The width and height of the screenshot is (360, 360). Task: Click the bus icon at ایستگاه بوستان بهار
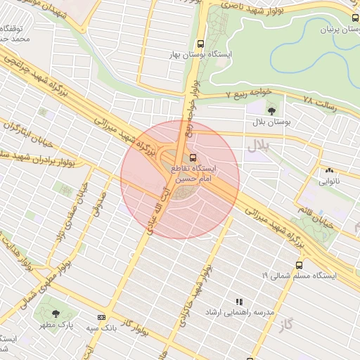[202, 41]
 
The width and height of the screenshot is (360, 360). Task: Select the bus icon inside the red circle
[193, 157]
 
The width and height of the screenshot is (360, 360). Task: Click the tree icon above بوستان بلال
[271, 109]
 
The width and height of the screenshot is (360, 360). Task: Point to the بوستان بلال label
[273, 122]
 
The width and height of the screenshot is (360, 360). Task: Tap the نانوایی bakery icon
[329, 170]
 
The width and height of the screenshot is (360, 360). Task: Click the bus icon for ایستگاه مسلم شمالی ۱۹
[299, 265]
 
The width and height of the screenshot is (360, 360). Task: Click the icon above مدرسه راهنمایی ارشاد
[239, 301]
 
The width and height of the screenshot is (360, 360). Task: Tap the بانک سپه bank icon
[101, 317]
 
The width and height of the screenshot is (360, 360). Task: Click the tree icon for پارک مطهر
[56, 314]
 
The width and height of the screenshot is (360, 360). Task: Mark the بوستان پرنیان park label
[334, 30]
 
